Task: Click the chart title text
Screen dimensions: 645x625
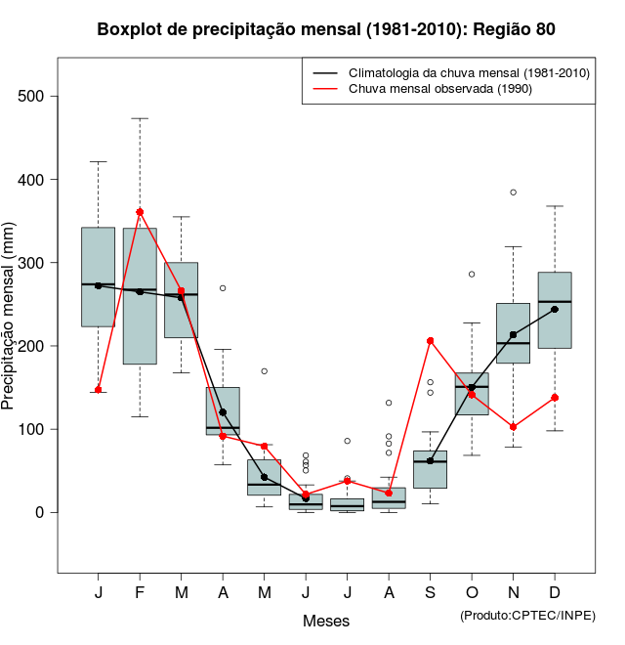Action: (x=326, y=29)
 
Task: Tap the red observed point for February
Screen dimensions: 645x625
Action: (x=140, y=212)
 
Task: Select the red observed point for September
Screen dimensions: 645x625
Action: (x=430, y=341)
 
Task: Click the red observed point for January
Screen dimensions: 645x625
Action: (x=99, y=390)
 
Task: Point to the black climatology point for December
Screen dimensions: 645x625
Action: (x=555, y=309)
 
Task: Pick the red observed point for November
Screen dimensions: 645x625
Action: (x=513, y=427)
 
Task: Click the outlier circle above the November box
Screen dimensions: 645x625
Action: (x=513, y=193)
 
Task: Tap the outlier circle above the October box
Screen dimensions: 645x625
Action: (x=472, y=275)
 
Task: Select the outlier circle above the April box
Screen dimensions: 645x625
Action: (x=223, y=288)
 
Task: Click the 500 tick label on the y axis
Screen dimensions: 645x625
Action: (x=33, y=97)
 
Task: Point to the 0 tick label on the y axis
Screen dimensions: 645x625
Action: (x=41, y=512)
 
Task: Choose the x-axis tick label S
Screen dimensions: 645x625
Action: (x=430, y=593)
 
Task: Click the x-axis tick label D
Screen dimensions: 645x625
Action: (x=555, y=593)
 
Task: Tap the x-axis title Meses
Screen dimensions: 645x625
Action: (x=326, y=621)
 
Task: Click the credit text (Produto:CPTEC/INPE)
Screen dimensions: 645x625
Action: (x=526, y=615)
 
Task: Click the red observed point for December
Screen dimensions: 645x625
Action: (x=555, y=398)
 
